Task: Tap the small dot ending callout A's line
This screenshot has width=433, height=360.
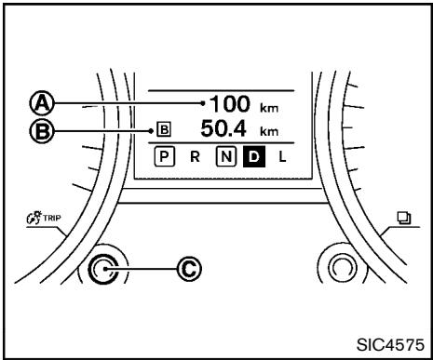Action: click(202, 101)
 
